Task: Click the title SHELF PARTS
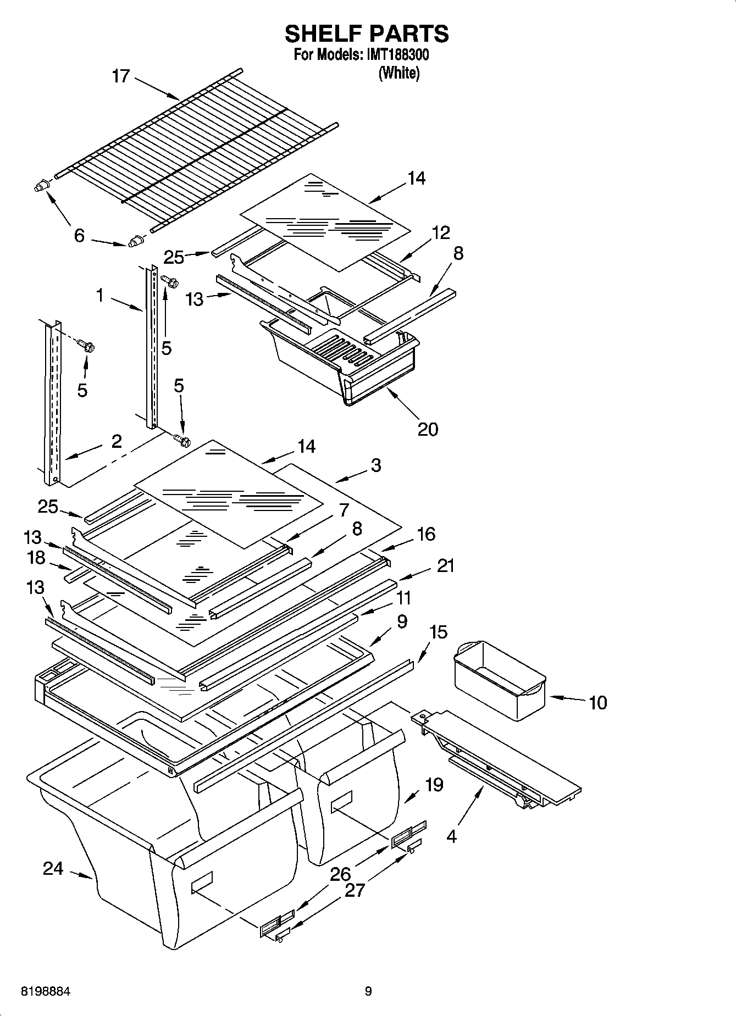(x=367, y=34)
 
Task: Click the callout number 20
(x=428, y=429)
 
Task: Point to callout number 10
(x=597, y=702)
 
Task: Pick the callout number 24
(x=53, y=869)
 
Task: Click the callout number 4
(x=451, y=837)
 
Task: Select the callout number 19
(x=434, y=784)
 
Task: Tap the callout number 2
(x=116, y=441)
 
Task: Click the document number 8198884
(x=46, y=992)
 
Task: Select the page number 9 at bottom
(x=368, y=991)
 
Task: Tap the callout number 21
(x=445, y=565)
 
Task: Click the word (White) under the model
(x=399, y=73)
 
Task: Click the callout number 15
(x=438, y=632)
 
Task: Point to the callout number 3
(x=375, y=465)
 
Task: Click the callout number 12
(x=441, y=232)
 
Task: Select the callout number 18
(x=36, y=558)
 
